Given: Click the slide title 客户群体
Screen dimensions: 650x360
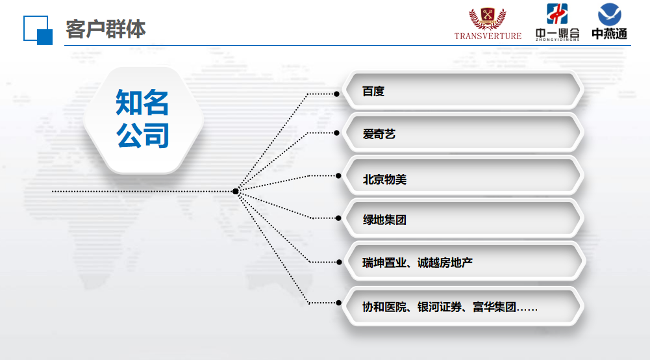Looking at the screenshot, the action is (x=106, y=29).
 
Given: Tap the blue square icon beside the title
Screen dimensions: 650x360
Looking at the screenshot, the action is (x=38, y=30).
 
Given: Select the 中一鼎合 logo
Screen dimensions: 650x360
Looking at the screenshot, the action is (x=557, y=22).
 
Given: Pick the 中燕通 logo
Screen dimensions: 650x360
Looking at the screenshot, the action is (x=609, y=21).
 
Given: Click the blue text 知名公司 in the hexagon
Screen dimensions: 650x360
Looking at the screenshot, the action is (x=142, y=119).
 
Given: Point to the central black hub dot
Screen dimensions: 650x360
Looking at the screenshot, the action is (x=236, y=191).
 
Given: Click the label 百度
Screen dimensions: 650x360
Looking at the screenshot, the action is (x=373, y=91).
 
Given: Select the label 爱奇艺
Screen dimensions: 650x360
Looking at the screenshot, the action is (x=379, y=134).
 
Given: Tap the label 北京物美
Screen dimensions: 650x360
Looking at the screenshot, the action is (x=384, y=179).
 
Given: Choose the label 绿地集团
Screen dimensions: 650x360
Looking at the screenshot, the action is (x=384, y=220).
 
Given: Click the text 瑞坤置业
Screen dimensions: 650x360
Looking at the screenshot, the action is (x=384, y=263).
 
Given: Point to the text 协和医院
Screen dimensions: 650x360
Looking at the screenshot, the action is (x=384, y=307).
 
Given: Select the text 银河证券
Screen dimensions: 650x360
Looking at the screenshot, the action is (x=440, y=307).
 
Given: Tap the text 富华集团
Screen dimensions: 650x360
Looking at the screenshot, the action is (x=495, y=307).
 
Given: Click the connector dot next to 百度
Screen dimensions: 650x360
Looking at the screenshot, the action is (x=336, y=94).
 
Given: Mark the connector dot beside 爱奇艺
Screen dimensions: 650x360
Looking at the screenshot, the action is (x=336, y=133).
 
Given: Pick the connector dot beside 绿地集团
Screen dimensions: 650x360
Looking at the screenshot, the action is (x=338, y=218).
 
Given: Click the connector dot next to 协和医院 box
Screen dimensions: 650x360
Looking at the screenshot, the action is (x=339, y=303).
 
